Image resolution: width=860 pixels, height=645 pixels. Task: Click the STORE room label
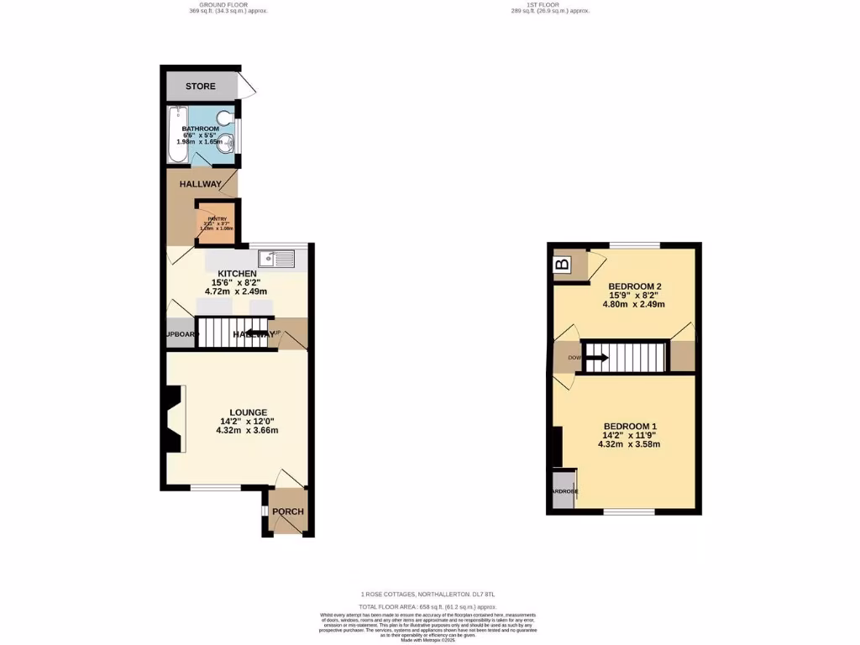pyautogui.click(x=200, y=87)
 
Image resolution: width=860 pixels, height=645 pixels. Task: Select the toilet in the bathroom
pyautogui.click(x=224, y=118)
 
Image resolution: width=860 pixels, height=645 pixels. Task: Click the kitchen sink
pyautogui.click(x=276, y=259)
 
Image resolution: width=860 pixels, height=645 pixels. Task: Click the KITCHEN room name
pyautogui.click(x=237, y=275)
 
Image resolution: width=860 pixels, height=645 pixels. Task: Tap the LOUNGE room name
pyautogui.click(x=249, y=412)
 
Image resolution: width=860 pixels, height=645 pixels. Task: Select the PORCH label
pyautogui.click(x=287, y=511)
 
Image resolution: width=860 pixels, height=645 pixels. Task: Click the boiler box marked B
pyautogui.click(x=563, y=265)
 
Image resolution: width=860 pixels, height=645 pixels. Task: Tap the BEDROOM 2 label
pyautogui.click(x=635, y=287)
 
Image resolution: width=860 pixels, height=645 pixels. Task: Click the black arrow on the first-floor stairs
pyautogui.click(x=598, y=358)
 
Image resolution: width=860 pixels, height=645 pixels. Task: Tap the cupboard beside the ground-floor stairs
pyautogui.click(x=179, y=333)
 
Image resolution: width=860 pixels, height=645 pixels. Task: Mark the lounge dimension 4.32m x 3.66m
pyautogui.click(x=249, y=431)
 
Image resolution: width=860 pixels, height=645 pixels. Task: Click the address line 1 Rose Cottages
pyautogui.click(x=429, y=595)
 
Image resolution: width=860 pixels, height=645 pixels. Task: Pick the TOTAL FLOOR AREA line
pyautogui.click(x=429, y=606)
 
